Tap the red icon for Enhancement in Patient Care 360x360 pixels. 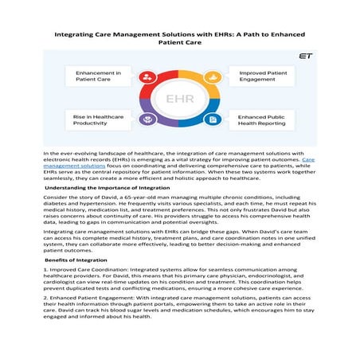(x=147, y=77)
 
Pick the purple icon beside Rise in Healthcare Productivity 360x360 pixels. (x=147, y=119)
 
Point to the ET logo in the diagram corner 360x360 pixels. (x=304, y=57)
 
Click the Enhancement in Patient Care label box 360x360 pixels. (x=96, y=77)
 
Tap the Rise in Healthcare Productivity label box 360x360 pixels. (x=96, y=119)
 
